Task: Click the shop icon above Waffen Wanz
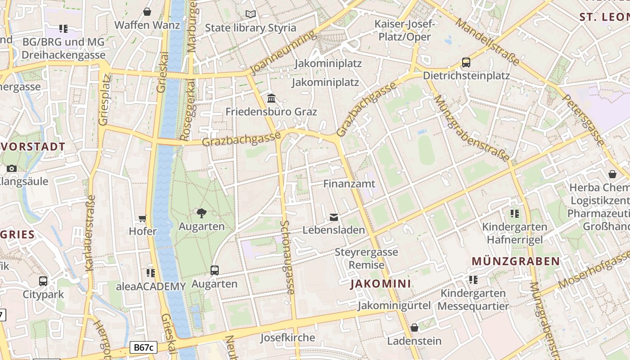click(x=147, y=12)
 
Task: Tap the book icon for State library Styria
click(x=251, y=14)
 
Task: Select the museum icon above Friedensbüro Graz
click(x=271, y=98)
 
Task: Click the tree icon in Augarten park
click(x=202, y=213)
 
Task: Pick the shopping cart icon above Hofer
click(x=143, y=219)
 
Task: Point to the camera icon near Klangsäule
click(x=12, y=169)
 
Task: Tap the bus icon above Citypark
click(x=43, y=281)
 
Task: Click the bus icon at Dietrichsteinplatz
click(x=466, y=63)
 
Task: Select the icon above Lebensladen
click(x=333, y=217)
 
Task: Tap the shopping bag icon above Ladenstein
click(x=414, y=328)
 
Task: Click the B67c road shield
click(x=144, y=347)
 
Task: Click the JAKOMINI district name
click(x=381, y=283)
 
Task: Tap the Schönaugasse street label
click(x=288, y=257)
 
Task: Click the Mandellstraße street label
click(x=487, y=41)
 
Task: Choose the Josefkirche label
click(x=288, y=337)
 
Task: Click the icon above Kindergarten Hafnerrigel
click(x=515, y=214)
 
